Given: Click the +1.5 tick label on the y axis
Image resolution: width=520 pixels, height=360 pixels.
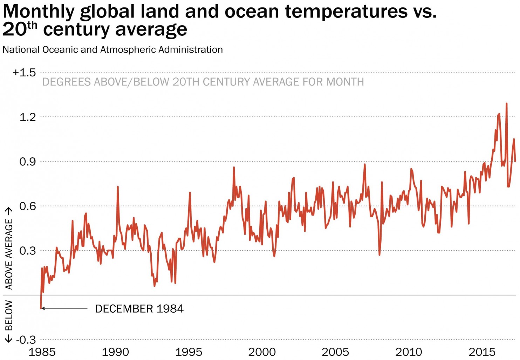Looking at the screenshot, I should pos(24,73).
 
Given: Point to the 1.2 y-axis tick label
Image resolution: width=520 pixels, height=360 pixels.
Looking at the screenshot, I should pos(28,117).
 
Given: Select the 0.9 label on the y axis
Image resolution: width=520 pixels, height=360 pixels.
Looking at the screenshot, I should pos(28,162).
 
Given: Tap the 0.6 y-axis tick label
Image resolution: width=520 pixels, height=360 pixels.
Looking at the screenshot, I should pos(28,206).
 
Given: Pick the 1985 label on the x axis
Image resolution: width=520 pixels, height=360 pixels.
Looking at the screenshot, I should pos(42,352).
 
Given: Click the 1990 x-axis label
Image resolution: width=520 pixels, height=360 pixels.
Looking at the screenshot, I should pos(115,352).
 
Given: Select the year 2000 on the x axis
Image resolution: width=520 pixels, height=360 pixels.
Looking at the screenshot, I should pos(262,352).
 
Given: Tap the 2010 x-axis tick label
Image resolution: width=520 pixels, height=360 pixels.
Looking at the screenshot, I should pos(409,352).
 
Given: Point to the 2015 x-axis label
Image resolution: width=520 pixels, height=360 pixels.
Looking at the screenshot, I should pos(482,352).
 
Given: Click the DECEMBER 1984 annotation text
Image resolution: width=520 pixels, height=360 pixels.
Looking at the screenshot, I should pos(139,309).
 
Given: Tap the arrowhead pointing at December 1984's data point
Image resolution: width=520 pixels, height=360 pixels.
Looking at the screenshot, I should pos(43,308).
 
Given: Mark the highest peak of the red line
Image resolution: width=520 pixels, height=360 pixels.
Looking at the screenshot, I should pos(506,103).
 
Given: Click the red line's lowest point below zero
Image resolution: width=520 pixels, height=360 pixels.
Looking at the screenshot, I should pos(41,308).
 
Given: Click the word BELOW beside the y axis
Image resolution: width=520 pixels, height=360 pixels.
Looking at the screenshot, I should pos(9,315).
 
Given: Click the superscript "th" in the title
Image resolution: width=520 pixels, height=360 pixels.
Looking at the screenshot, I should pos(32,25).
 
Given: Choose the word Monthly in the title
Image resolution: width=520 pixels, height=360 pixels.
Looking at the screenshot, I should pos(38,12).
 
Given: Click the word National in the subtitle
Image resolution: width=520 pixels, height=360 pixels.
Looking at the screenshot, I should pos(21,50).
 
